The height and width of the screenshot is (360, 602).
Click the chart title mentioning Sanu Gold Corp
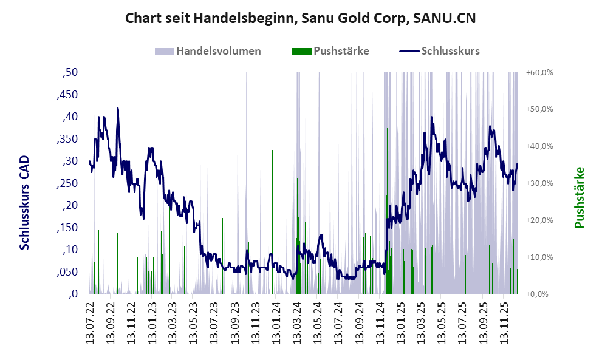(300, 18)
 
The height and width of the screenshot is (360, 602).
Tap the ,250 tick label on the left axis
(67, 183)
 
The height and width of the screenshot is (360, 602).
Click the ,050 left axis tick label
(67, 272)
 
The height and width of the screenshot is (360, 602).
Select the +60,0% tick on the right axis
(539, 72)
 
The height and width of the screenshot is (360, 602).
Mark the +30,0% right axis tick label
(539, 183)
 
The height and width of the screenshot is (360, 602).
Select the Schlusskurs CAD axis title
(25, 203)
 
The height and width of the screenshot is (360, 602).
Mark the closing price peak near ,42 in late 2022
(117, 108)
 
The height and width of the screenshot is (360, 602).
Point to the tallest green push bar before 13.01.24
(270, 138)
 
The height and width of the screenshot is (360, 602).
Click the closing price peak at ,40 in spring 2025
(431, 117)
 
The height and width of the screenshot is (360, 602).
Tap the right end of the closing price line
(518, 163)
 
